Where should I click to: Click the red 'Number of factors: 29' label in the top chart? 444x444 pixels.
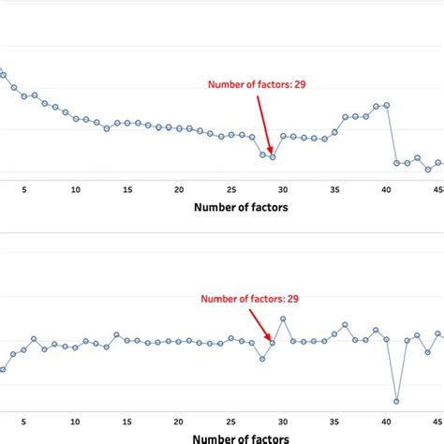[257, 84]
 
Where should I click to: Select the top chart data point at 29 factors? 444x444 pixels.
[273, 156]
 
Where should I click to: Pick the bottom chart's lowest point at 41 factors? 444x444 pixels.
[396, 401]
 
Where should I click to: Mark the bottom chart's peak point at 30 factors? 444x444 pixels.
[283, 318]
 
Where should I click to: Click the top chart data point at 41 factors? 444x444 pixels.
[396, 163]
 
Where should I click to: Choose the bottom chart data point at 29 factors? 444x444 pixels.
[273, 343]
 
